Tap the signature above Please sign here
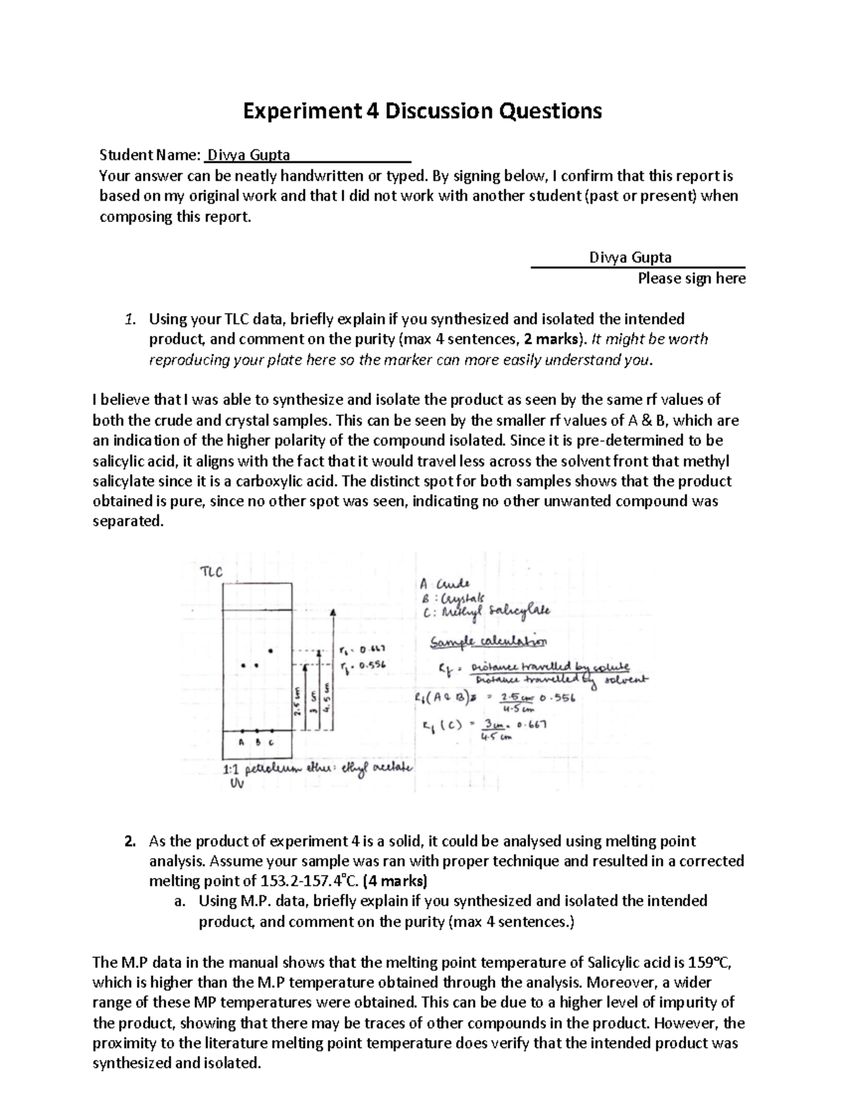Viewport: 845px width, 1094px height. [630, 257]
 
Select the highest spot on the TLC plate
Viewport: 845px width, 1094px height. [271, 649]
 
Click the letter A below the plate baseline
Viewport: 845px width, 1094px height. [241, 742]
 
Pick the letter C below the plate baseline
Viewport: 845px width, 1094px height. [271, 742]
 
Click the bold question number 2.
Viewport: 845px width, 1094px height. [129, 841]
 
